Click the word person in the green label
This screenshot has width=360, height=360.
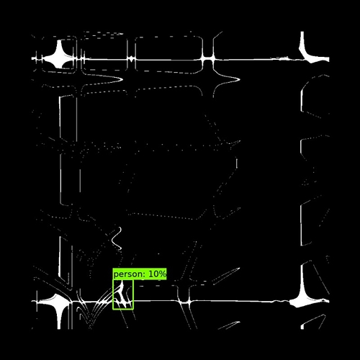pos(127,274)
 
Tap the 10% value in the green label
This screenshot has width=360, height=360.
pos(157,274)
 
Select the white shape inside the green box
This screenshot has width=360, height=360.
pos(122,295)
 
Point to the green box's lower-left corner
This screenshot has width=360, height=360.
pos(113,309)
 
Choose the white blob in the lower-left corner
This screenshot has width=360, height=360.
pos(58,303)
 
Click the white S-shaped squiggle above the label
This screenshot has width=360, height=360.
pos(117,239)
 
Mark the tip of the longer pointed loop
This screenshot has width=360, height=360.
pos(123,79)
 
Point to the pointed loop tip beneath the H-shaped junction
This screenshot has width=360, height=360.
pos(240,79)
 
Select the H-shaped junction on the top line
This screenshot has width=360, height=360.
pos(208,59)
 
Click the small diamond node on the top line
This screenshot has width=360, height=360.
pos(131,58)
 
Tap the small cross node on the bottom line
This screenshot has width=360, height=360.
pos(184,302)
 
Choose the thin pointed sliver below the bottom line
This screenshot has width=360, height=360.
pos(228,325)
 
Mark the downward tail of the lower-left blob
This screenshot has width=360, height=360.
pos(58,318)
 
